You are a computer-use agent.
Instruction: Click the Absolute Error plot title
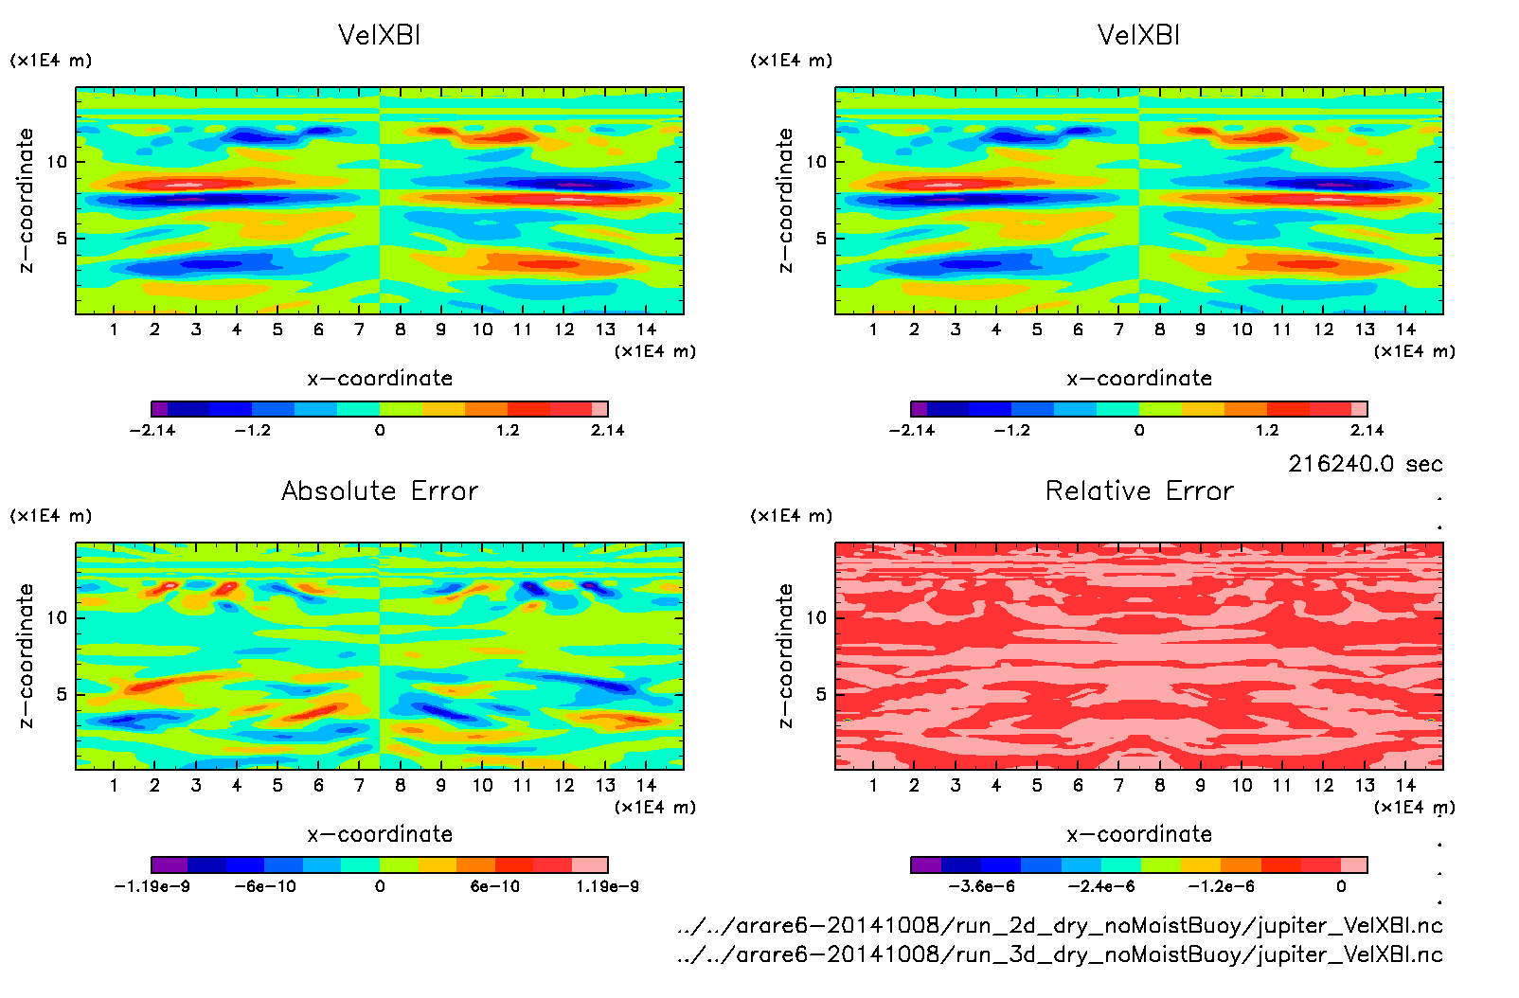pos(380,490)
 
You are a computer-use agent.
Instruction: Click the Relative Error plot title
pos(1139,490)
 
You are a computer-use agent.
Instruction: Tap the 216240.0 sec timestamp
pos(1365,464)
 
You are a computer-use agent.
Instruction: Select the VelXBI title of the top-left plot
pos(379,35)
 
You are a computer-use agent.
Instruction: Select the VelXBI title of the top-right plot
pos(1138,35)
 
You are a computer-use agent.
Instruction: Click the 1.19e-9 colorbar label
pos(607,886)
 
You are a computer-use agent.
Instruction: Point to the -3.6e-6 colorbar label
pos(981,886)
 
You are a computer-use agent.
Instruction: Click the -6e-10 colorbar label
pos(265,886)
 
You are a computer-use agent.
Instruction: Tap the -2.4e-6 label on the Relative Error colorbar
pos(1101,886)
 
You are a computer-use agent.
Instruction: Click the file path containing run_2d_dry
pos(1060,925)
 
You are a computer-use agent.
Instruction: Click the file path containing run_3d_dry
pos(1060,954)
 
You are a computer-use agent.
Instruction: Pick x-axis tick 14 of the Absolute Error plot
pos(646,785)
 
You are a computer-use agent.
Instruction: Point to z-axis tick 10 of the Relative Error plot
pos(816,617)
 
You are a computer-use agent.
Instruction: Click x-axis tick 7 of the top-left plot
pos(359,330)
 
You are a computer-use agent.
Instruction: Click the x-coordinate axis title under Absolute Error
pos(380,834)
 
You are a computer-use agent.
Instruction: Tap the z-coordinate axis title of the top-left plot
pos(26,201)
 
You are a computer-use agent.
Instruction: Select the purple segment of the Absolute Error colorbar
pos(170,864)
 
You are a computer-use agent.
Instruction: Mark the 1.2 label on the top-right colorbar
pos(1266,430)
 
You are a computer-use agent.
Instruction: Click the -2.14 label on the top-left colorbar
pos(152,430)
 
